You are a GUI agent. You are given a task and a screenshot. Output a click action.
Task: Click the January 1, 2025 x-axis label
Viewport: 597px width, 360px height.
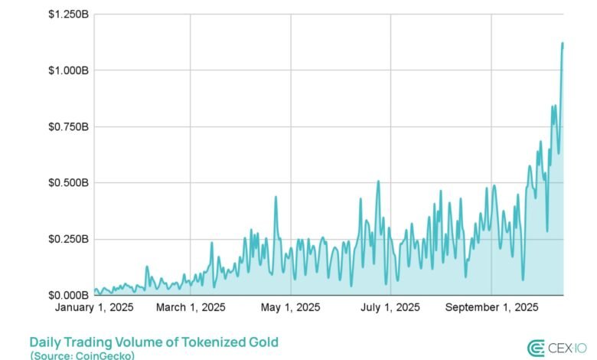coord(94,308)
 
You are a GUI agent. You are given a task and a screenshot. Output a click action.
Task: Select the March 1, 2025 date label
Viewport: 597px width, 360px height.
coord(191,308)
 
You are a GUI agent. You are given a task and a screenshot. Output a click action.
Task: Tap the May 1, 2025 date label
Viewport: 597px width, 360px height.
coord(291,308)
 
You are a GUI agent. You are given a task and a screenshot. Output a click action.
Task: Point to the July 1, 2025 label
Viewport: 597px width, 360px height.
coord(391,308)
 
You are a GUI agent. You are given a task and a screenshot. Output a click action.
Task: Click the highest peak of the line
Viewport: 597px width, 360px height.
coord(563,44)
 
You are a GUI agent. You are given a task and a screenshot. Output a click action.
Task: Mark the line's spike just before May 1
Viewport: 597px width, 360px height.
coord(276,197)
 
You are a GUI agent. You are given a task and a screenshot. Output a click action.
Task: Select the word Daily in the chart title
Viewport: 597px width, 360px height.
coord(45,342)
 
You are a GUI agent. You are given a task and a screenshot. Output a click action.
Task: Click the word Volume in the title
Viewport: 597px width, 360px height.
coord(139,342)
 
